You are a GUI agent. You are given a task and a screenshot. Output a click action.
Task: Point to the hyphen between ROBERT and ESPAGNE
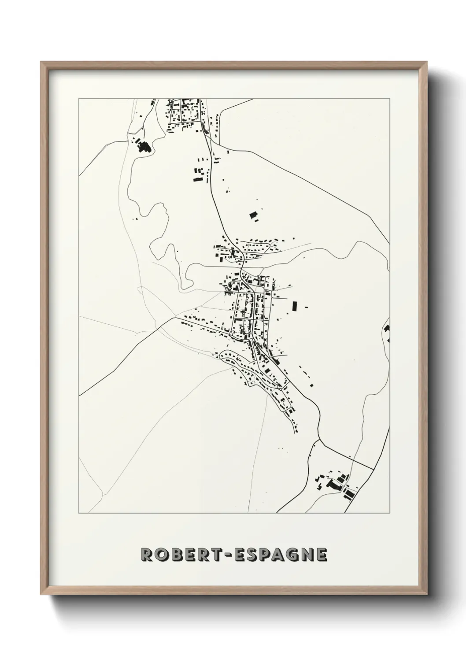(x=233, y=556)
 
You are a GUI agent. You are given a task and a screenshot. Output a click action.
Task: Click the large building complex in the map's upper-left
(x=143, y=146)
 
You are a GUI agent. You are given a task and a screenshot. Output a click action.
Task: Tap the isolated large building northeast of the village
(x=253, y=215)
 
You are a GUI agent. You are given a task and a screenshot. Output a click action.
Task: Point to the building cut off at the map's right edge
(x=387, y=328)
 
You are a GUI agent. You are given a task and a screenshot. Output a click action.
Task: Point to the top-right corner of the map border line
(x=389, y=98)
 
